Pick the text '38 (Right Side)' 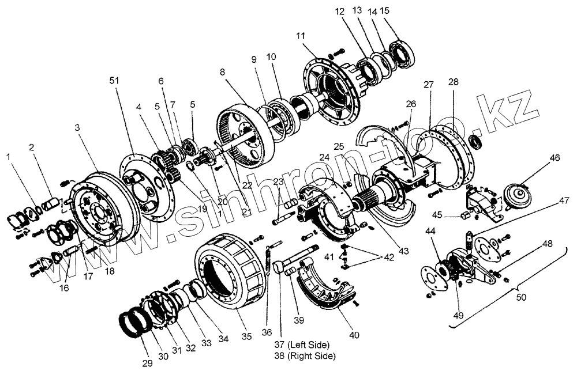[306, 355]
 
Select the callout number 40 [354, 335]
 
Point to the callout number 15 [401, 11]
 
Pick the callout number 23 [279, 182]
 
